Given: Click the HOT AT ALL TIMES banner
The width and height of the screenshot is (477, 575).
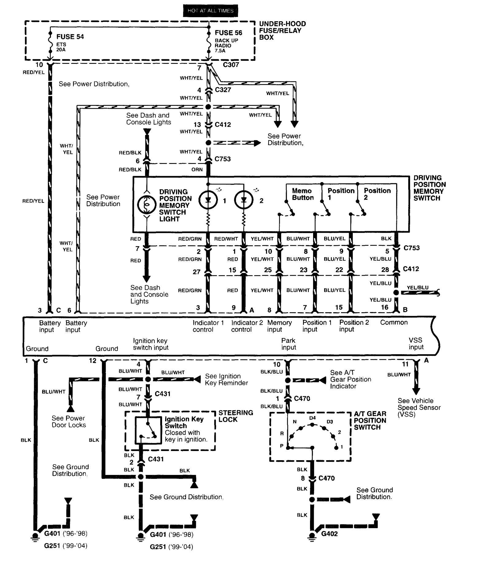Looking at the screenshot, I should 210,10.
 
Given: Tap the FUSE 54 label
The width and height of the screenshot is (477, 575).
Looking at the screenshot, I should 70,37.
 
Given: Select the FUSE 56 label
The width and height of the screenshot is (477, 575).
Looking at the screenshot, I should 228,33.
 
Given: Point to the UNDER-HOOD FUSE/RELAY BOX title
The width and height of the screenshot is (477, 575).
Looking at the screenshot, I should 282,30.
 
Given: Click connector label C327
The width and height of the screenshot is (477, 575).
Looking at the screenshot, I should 223,90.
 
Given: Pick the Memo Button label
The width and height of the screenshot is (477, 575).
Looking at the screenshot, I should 302,194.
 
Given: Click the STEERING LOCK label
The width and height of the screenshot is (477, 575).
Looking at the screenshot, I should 235,416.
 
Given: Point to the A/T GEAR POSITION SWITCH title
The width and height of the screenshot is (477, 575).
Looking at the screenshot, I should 370,420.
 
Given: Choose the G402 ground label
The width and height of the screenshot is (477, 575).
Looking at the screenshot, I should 329,534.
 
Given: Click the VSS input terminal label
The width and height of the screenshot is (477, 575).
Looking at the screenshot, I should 416,344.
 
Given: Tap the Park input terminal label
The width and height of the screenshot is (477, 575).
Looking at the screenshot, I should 289,344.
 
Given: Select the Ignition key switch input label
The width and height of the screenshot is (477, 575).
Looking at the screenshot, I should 150,344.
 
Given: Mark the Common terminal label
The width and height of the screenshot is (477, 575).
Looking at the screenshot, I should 394,322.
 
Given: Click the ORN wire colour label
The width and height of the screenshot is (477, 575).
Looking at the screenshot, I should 197,169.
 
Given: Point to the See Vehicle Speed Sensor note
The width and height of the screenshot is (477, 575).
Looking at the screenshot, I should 419,407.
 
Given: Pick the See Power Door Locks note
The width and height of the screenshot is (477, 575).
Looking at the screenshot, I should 69,422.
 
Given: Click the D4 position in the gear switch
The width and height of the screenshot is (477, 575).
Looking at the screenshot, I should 312,418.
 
